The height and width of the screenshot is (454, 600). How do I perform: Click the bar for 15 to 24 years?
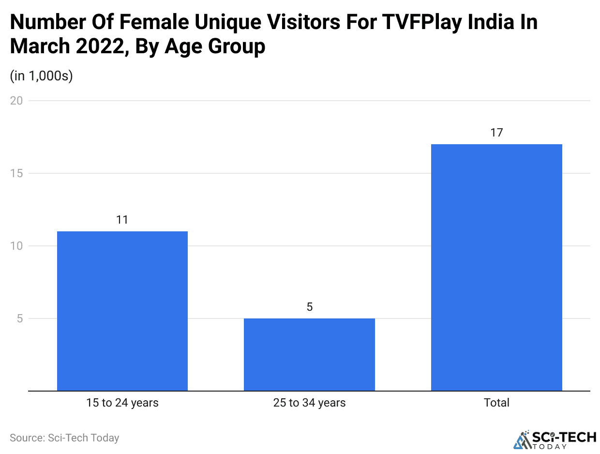click(122, 311)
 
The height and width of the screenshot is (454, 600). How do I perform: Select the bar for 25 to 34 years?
click(309, 354)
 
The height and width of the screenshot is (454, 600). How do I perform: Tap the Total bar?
click(496, 267)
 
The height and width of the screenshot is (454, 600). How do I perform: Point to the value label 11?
click(122, 220)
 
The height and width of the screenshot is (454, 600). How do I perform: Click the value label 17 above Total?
click(496, 133)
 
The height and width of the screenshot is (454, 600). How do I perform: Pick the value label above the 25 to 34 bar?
click(310, 307)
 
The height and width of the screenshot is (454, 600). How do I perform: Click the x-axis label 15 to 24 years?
click(122, 403)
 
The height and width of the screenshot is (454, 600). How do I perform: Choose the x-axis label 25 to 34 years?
click(309, 403)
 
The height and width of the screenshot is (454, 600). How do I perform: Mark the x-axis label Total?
click(496, 403)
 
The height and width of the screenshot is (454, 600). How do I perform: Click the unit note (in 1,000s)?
click(41, 76)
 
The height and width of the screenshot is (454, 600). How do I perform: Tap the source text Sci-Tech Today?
click(64, 438)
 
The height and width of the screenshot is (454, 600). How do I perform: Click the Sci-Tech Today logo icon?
click(522, 439)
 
